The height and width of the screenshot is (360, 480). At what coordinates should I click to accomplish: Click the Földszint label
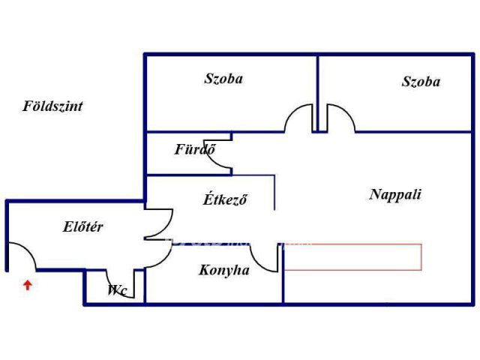52,106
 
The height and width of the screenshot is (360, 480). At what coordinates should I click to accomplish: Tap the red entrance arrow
28,285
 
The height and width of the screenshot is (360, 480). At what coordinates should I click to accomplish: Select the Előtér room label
82,226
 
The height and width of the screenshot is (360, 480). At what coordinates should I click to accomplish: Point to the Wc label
117,290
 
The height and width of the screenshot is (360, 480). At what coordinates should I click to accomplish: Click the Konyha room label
224,270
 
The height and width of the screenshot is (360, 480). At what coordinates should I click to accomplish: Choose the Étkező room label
225,199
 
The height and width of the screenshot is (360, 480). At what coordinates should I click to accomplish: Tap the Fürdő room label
195,149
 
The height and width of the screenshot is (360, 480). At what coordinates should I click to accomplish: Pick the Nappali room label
395,195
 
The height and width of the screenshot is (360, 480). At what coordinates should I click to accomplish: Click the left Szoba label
223,79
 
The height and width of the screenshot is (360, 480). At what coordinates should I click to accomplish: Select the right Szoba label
421,82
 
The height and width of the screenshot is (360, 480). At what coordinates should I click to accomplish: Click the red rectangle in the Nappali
353,257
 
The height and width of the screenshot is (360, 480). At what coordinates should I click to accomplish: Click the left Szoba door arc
298,118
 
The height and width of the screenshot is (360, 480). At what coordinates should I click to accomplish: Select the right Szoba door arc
341,118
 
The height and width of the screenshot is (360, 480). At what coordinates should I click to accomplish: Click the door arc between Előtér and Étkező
159,223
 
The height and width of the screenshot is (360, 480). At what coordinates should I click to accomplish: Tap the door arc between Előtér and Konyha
158,253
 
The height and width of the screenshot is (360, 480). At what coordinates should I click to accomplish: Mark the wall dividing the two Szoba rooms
318,93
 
